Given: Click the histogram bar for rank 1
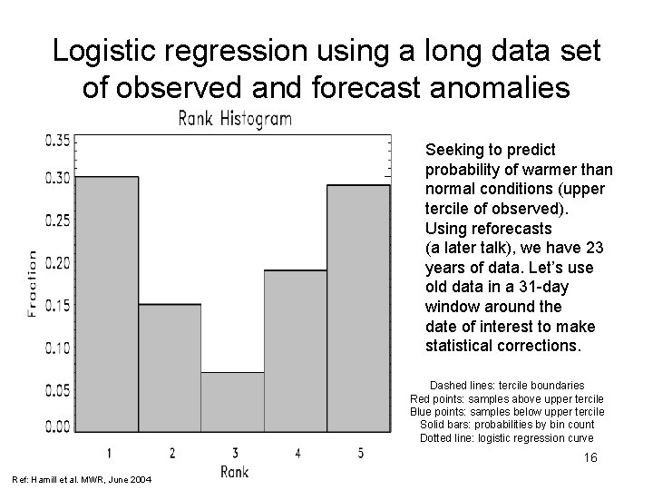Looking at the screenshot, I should click(x=106, y=304).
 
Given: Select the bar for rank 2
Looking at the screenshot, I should click(x=170, y=367).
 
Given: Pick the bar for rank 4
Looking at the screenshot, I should click(x=296, y=350).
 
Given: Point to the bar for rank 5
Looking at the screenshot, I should click(x=358, y=309).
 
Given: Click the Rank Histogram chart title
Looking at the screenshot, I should click(x=235, y=119).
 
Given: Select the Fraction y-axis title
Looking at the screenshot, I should click(x=33, y=283).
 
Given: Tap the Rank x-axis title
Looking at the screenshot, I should click(x=234, y=471).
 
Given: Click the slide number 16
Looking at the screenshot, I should click(x=590, y=458).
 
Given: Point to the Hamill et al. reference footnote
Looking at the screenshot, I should click(x=83, y=479).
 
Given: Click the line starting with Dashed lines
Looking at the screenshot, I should click(x=506, y=385).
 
